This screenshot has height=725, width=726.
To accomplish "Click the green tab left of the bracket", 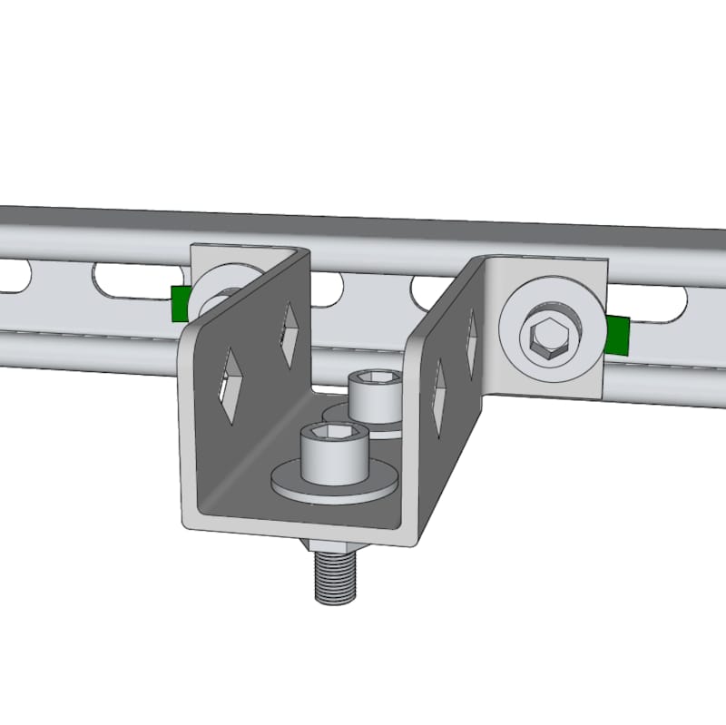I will click(x=180, y=302).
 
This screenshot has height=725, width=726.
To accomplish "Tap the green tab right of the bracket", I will click(x=617, y=333).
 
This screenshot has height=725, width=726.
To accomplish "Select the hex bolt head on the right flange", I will click(x=550, y=336).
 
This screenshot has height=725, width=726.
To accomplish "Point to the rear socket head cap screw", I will click(x=374, y=399).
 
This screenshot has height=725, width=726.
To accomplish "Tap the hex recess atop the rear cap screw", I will click(x=375, y=379).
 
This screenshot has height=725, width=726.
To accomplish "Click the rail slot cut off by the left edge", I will click(x=12, y=277).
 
